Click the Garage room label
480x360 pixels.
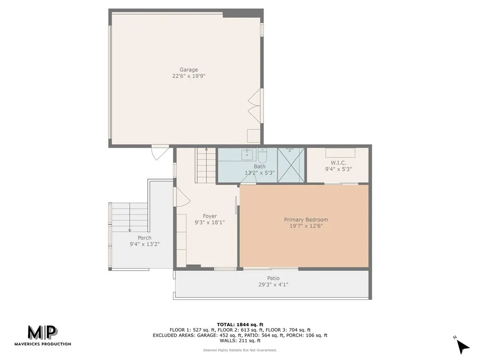188,70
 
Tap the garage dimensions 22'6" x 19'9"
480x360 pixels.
188,76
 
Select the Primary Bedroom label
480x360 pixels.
306,219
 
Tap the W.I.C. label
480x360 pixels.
338,163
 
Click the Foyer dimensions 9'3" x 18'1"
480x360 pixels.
210,223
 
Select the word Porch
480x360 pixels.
144,238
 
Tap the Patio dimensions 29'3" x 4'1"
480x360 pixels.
273,284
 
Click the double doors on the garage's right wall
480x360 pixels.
255,106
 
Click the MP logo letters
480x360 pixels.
43,332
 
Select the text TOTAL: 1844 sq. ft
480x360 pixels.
240,324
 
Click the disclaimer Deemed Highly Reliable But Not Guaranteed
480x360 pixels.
240,350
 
